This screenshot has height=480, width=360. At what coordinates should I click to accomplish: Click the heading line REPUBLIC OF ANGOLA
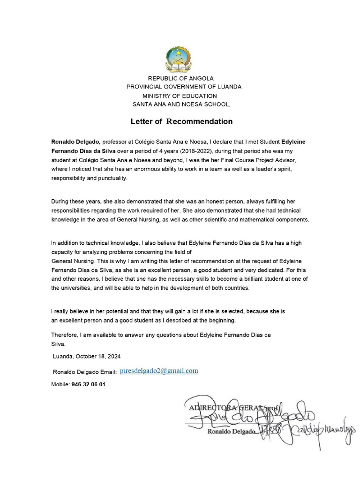pyautogui.click(x=181, y=78)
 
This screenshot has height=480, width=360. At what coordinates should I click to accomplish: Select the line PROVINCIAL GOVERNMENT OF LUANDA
pyautogui.click(x=184, y=87)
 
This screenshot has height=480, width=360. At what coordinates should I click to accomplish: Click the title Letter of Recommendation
pyautogui.click(x=181, y=121)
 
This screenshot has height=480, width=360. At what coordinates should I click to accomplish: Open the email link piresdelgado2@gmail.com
pyautogui.click(x=159, y=371)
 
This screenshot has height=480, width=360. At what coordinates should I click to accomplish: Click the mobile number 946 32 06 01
pyautogui.click(x=89, y=384)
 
